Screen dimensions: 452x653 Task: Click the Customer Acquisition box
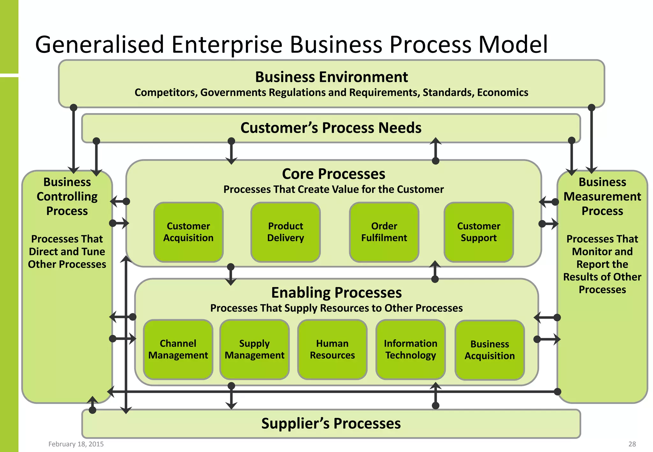188,232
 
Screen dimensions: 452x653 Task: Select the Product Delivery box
285,232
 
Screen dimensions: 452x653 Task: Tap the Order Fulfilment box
384,232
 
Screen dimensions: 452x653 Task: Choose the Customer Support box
479,232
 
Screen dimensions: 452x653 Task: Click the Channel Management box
178,349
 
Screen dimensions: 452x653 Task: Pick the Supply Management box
254,349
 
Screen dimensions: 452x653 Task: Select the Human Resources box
332,349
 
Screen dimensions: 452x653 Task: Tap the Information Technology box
410,349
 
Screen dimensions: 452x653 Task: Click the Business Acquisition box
489,350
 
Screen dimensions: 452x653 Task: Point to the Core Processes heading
334,174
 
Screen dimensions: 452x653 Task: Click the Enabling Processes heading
336,293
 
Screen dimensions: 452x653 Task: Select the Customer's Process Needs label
331,128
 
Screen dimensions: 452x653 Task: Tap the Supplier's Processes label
331,424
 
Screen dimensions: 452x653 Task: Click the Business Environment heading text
331,77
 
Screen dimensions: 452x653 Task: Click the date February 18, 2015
76,444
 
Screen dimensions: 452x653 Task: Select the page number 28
632,444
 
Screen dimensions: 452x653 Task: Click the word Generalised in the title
99,45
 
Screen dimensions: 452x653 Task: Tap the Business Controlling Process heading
67,196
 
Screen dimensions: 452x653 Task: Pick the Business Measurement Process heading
602,196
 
